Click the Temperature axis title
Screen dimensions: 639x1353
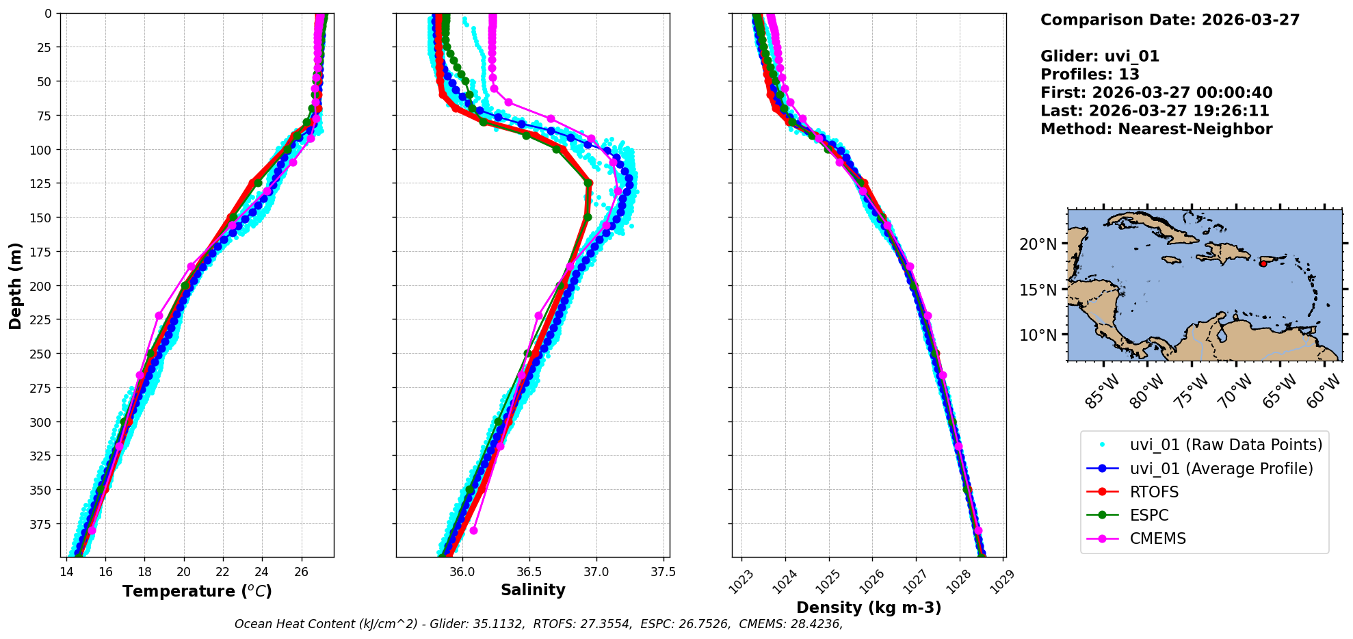pyautogui.click(x=197, y=591)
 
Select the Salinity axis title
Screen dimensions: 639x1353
pyautogui.click(x=533, y=590)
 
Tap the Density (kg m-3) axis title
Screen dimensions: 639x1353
pyautogui.click(x=869, y=608)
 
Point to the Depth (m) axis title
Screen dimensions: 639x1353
pyautogui.click(x=15, y=285)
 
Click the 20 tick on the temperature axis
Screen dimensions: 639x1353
pyautogui.click(x=183, y=571)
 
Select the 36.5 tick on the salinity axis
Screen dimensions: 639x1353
pyautogui.click(x=529, y=571)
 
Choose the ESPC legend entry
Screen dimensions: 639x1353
pyautogui.click(x=1149, y=515)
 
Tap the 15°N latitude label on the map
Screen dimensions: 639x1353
pyautogui.click(x=1038, y=289)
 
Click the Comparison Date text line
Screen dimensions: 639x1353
pyautogui.click(x=1170, y=20)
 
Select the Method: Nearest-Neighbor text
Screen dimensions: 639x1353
pyautogui.click(x=1156, y=129)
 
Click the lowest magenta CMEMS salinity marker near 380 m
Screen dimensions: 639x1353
pyautogui.click(x=473, y=531)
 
